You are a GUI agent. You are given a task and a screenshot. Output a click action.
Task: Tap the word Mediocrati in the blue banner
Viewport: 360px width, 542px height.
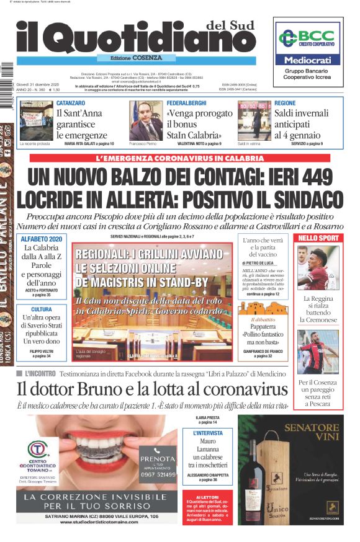[307, 60]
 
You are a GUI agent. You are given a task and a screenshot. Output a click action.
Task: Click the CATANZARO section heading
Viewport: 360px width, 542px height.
[71, 102]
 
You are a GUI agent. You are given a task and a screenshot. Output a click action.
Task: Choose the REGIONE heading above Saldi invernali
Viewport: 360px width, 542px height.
[285, 102]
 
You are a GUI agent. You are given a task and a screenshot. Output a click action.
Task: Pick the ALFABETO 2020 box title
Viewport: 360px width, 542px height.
[41, 239]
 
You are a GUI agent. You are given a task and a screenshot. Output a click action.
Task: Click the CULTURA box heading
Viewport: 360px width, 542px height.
[41, 309]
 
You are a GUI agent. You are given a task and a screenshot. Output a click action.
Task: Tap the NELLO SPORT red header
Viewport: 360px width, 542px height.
[318, 238]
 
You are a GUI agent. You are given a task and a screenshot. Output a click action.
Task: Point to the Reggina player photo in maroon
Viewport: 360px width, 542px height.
[318, 268]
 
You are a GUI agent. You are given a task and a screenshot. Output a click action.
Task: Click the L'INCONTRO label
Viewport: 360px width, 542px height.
[40, 374]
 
